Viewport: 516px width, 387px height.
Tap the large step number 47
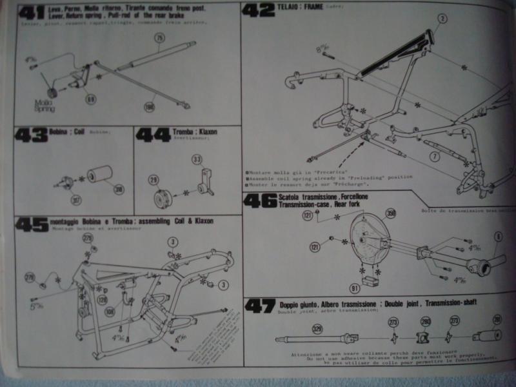(x=261, y=306)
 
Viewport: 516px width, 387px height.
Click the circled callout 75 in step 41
(x=159, y=39)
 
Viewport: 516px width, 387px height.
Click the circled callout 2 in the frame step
(x=442, y=19)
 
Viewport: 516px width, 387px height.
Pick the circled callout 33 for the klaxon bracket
(x=197, y=159)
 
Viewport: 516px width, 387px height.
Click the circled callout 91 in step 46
(x=354, y=288)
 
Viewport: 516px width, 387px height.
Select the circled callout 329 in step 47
(x=317, y=328)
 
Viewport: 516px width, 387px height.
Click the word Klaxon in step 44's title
(x=207, y=132)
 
